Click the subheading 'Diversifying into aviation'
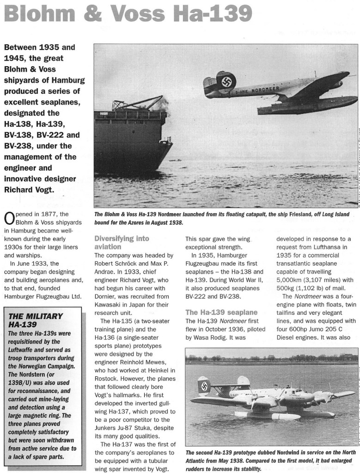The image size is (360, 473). pyautogui.click(x=122, y=243)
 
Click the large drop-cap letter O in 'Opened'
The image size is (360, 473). pyautogui.click(x=8, y=218)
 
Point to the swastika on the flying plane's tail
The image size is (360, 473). pyautogui.click(x=226, y=81)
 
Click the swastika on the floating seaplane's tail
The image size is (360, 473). pyautogui.click(x=204, y=386)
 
